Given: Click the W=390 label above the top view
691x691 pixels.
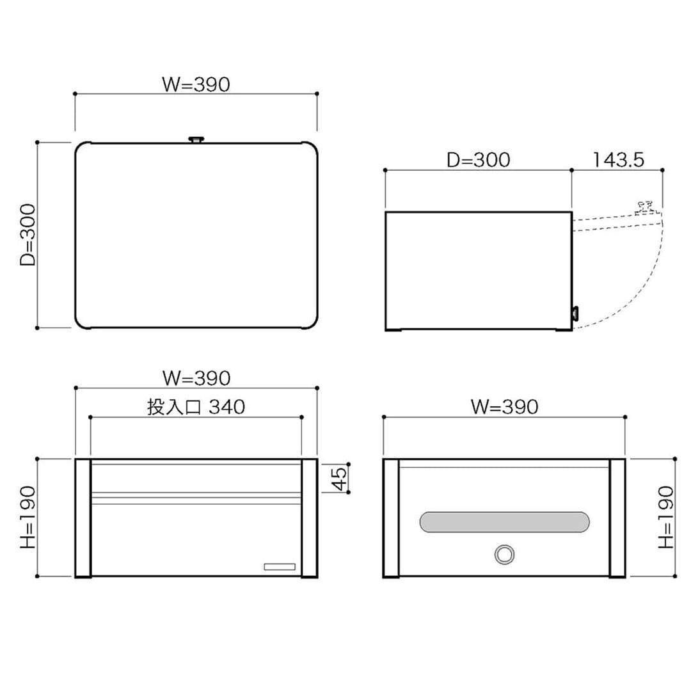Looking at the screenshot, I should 196,84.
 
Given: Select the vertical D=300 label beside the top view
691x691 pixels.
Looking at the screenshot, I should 28,235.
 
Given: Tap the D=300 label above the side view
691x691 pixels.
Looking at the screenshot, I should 478,160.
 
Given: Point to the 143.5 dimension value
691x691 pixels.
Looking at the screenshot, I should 617,160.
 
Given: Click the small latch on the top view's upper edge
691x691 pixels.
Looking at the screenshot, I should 196,139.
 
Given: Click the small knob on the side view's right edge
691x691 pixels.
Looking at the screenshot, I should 575,313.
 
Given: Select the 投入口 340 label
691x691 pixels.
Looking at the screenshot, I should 196,407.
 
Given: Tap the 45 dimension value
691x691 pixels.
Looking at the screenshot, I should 340,479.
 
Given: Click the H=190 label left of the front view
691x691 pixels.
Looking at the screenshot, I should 28,518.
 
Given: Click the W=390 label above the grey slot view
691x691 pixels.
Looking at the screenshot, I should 504,406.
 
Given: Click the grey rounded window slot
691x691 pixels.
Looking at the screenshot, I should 504,522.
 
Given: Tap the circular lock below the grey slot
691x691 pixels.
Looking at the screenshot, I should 504,554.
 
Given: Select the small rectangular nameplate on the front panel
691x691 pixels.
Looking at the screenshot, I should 280,566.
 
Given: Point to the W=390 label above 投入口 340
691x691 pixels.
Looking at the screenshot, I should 196,378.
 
